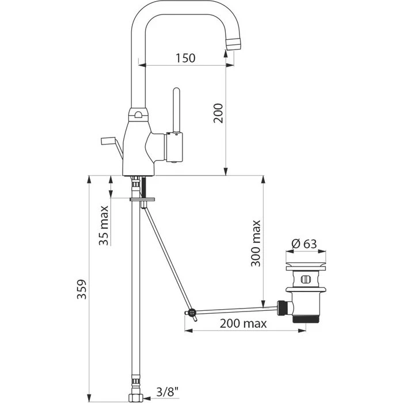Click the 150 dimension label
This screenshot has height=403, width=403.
185,58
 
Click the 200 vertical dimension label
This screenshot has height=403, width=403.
218,113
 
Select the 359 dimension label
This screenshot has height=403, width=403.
82,289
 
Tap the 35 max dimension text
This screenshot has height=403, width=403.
104,226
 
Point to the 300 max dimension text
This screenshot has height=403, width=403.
256,244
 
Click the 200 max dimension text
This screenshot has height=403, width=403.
243,324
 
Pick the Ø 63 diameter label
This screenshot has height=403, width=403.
305,244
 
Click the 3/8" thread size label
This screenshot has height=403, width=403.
168,392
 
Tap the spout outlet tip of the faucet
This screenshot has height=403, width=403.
234,44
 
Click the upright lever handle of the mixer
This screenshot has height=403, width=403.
176,111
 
